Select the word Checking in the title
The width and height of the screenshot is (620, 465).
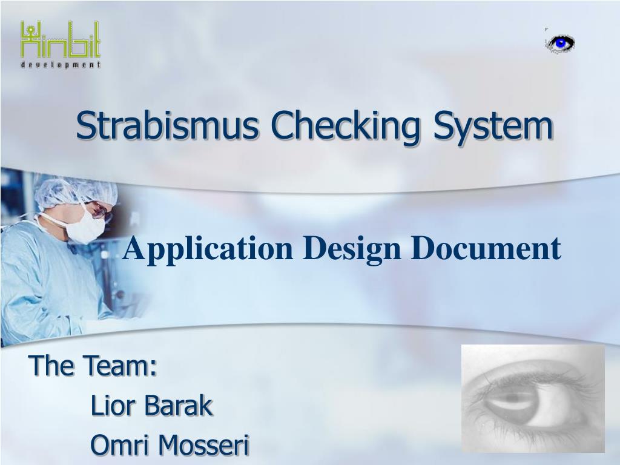345,127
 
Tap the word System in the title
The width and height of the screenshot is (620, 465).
493,127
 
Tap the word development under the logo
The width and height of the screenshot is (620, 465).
61,64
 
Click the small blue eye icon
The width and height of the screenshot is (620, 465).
560,43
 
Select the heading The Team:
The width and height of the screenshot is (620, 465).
93,365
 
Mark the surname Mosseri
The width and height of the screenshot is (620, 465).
204,444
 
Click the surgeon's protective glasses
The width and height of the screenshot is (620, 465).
101,211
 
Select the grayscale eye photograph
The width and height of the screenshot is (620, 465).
533,398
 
